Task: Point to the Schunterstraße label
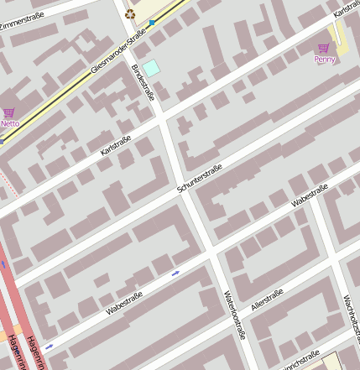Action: pyautogui.click(x=200, y=180)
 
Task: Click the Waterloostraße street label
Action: pyautogui.click(x=235, y=315)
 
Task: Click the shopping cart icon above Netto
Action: pyautogui.click(x=9, y=112)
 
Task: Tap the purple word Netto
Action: pyautogui.click(x=9, y=123)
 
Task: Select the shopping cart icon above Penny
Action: pyautogui.click(x=324, y=48)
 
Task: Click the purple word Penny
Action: pyautogui.click(x=325, y=59)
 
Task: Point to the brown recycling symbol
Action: pyautogui.click(x=129, y=13)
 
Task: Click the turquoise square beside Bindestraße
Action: pyautogui.click(x=150, y=67)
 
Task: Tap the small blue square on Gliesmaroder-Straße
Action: pyautogui.click(x=152, y=22)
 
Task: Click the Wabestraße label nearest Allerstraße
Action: pyautogui.click(x=309, y=195)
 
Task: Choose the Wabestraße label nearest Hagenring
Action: pyautogui.click(x=124, y=303)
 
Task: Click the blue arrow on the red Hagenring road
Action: pyautogui.click(x=3, y=265)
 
